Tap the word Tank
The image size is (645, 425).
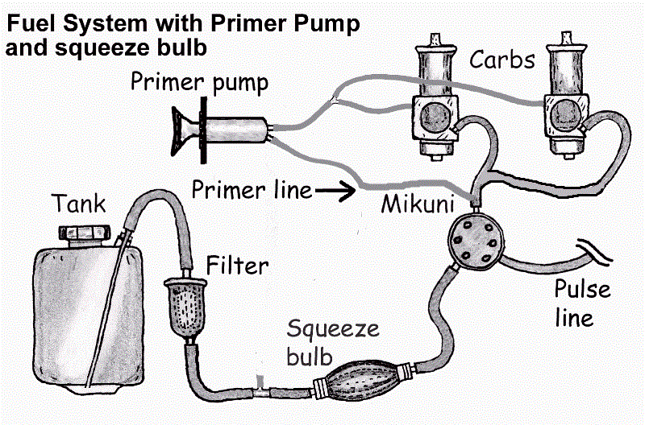coord(80,204)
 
